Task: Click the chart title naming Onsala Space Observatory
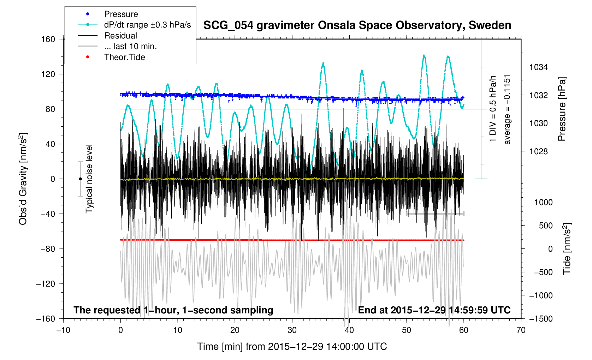pyautogui.click(x=357, y=25)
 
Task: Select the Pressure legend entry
pyautogui.click(x=121, y=14)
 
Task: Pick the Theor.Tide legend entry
pyautogui.click(x=124, y=57)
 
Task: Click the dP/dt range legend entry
pyautogui.click(x=147, y=25)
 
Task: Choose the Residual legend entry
pyautogui.click(x=120, y=36)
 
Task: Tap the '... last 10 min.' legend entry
pyautogui.click(x=130, y=46)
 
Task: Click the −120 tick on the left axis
pyautogui.click(x=46, y=284)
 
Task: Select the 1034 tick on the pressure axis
pyautogui.click(x=538, y=67)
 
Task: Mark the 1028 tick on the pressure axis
pyautogui.click(x=538, y=151)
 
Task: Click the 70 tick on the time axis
pyautogui.click(x=521, y=330)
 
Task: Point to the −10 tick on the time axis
pyautogui.click(x=63, y=330)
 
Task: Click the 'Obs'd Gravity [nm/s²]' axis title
pyautogui.click(x=23, y=179)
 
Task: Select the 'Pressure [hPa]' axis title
pyautogui.click(x=562, y=109)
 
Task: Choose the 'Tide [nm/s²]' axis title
pyautogui.click(x=567, y=249)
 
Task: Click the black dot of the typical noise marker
pyautogui.click(x=80, y=179)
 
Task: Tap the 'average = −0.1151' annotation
pyautogui.click(x=507, y=109)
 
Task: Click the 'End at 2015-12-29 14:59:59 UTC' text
pyautogui.click(x=434, y=310)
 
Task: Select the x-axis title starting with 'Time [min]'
pyautogui.click(x=292, y=347)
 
